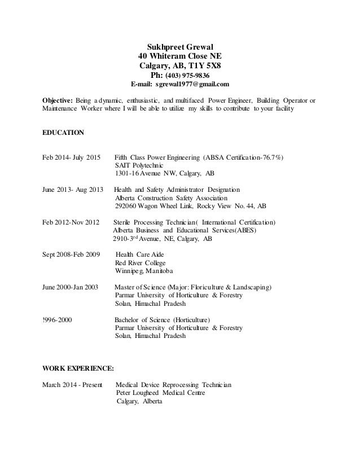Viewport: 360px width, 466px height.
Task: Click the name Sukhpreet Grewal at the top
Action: [180, 47]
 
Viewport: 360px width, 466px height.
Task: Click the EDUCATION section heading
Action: [64, 133]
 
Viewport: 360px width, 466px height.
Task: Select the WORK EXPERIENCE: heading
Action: [78, 368]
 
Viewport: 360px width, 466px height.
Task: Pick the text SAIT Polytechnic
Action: [139, 166]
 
